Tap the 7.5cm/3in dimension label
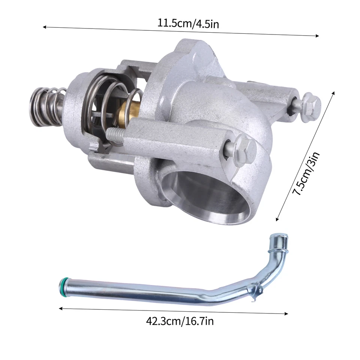point(306,174)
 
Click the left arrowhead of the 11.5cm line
point(45,27)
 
